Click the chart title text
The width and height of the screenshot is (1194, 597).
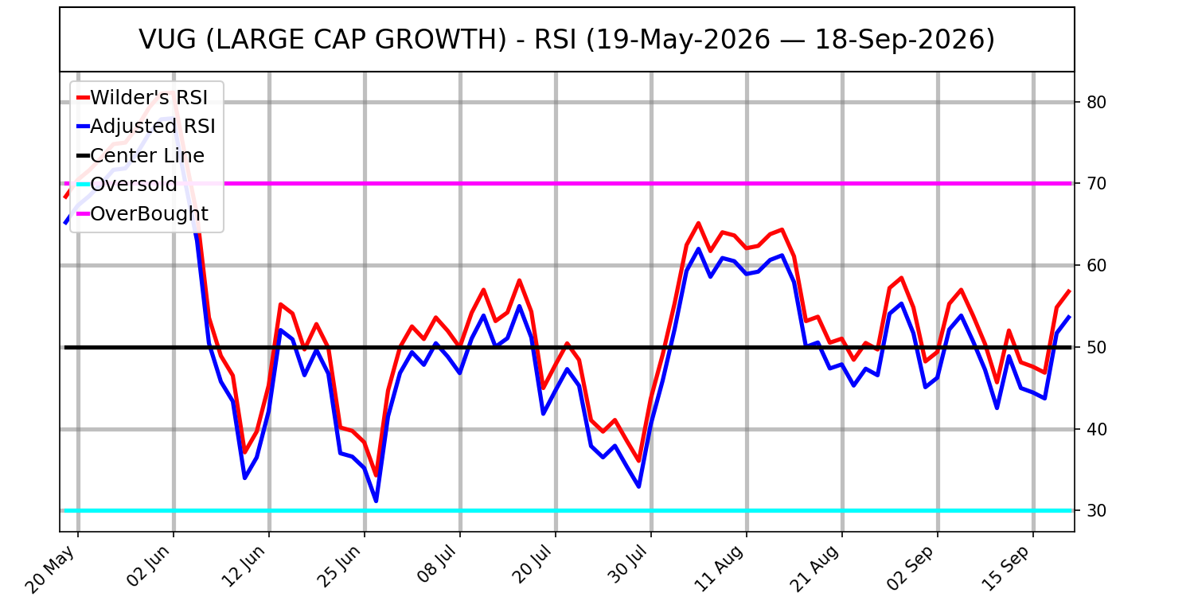coord(567,40)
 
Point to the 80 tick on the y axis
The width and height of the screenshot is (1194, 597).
coord(1096,102)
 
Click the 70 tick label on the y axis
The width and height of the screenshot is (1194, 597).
coord(1096,183)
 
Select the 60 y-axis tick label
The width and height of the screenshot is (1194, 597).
coord(1096,265)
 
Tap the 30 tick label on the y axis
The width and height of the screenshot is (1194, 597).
coord(1096,511)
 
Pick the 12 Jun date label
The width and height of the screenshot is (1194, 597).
coord(243,567)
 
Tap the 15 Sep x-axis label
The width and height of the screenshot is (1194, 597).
coord(1006,568)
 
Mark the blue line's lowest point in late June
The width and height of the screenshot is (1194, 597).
coord(376,501)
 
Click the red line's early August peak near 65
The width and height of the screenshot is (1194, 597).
coord(698,224)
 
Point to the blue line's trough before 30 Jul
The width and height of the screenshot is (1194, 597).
coord(638,486)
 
